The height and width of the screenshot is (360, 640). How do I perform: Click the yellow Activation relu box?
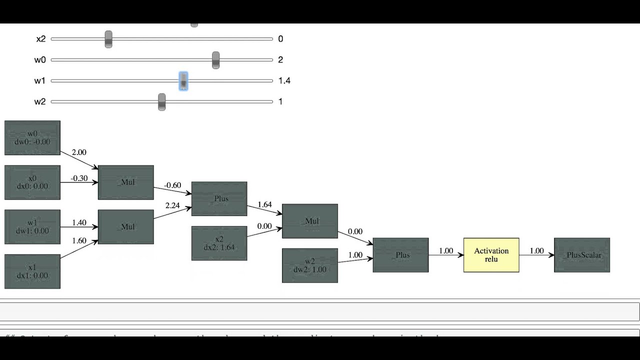(x=491, y=255)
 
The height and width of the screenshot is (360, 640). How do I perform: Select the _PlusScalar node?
(x=582, y=255)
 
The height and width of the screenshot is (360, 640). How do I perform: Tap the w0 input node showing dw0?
(x=32, y=138)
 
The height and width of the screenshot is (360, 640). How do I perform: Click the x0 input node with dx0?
(x=32, y=182)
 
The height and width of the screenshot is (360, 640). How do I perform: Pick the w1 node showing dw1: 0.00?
(x=32, y=227)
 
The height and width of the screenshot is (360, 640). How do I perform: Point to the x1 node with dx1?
(x=32, y=271)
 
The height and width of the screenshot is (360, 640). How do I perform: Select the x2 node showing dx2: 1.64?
(x=219, y=243)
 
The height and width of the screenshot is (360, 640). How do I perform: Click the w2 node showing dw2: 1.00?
(x=310, y=265)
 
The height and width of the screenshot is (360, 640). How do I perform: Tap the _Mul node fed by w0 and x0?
(x=126, y=182)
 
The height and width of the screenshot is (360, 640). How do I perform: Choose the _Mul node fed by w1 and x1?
(x=126, y=227)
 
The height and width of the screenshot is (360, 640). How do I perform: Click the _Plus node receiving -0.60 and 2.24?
(x=219, y=199)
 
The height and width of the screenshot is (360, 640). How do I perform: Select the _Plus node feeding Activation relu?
(x=400, y=255)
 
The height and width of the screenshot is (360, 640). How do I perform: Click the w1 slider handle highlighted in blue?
(x=183, y=81)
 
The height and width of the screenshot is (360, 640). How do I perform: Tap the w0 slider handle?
(x=215, y=60)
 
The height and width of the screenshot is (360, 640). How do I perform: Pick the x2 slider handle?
(x=108, y=39)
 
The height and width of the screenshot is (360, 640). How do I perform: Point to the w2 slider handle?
(x=161, y=102)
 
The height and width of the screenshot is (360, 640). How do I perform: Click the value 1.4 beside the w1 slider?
(x=284, y=80)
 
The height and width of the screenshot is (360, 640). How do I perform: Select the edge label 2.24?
(x=173, y=205)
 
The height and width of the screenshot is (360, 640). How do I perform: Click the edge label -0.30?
(x=79, y=178)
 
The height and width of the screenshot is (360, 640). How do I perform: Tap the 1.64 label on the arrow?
(x=264, y=204)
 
